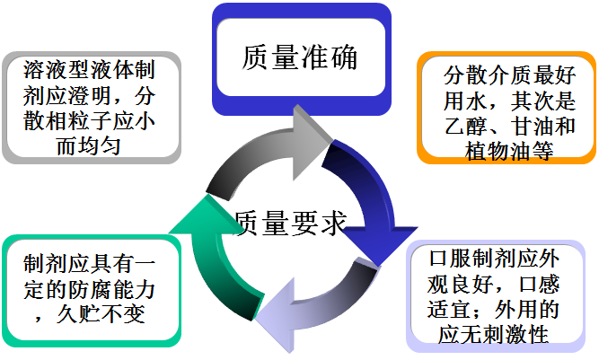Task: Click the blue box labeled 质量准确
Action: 301,57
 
